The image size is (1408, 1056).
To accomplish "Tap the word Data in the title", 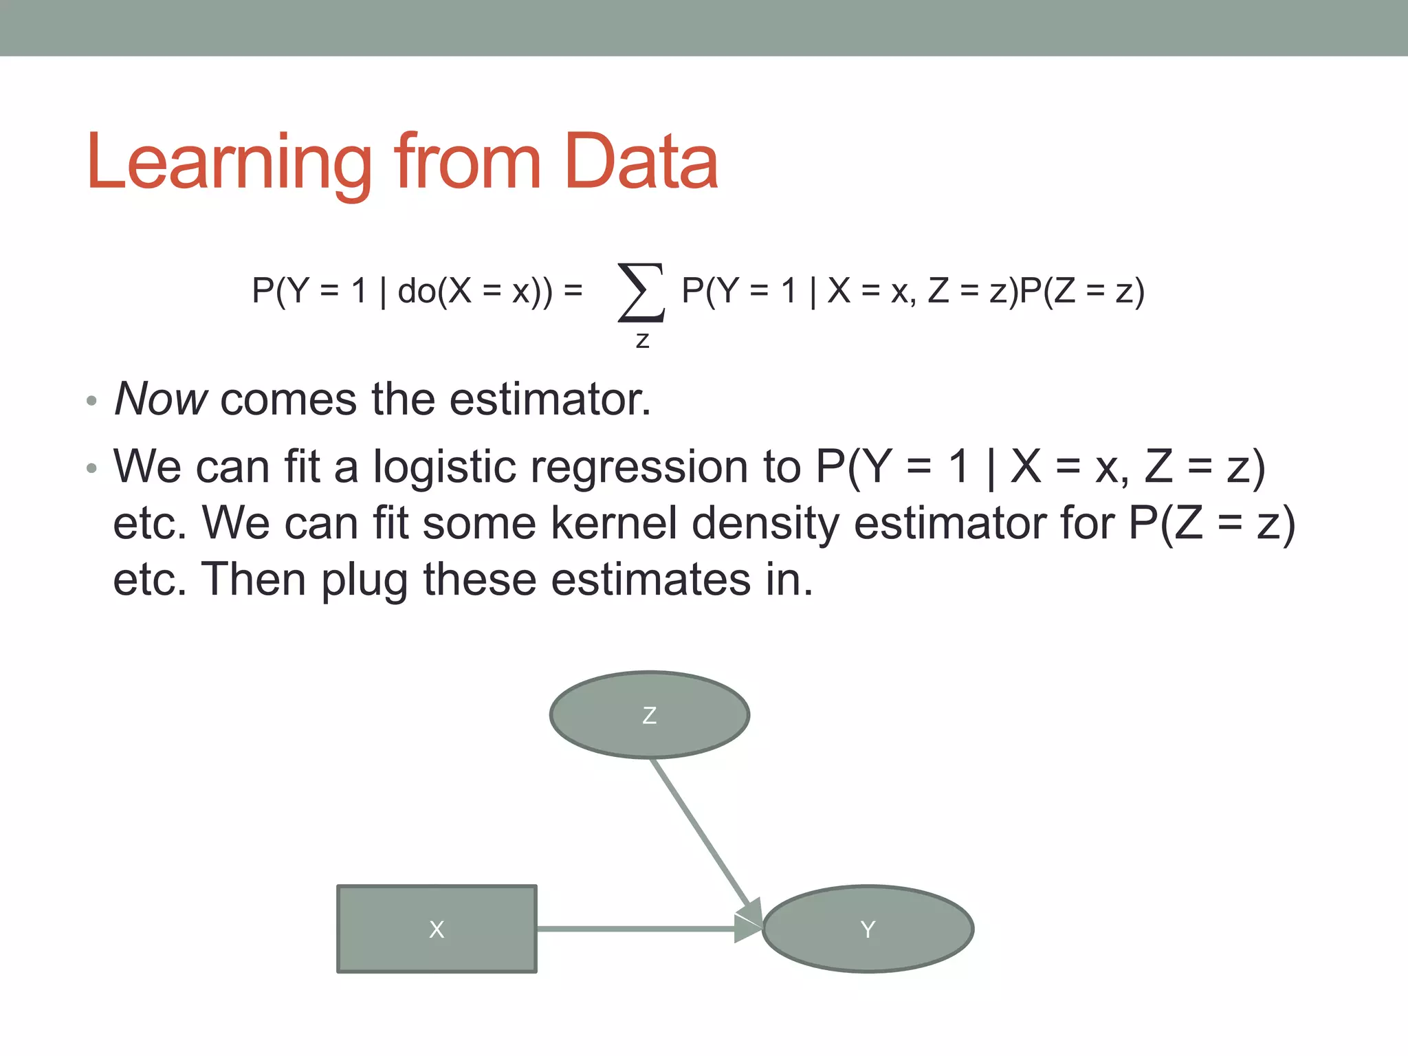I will click(641, 162).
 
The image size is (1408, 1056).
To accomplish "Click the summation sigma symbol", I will click(641, 293).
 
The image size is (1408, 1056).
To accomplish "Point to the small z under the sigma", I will click(642, 340).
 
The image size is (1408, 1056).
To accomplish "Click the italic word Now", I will click(160, 399).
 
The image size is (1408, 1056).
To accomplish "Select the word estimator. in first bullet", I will click(550, 399).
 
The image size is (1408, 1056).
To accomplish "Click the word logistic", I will click(444, 467).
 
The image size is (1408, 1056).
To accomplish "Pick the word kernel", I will click(613, 524).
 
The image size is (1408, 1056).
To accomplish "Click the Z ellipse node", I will click(649, 715).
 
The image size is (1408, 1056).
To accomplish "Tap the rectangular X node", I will click(437, 929).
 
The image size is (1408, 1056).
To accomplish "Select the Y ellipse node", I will click(868, 929).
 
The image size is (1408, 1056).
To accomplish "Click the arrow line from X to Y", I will click(636, 929).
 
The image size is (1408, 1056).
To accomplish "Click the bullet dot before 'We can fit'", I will click(91, 469).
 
